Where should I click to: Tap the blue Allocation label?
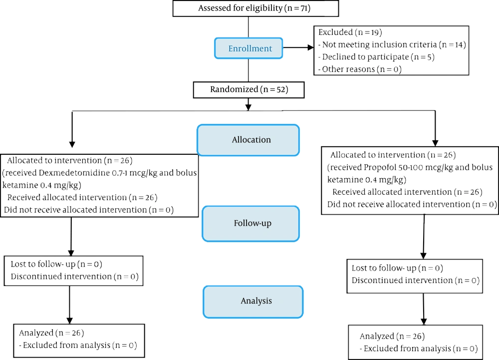pos(251,140)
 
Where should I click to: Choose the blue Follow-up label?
pos(252,223)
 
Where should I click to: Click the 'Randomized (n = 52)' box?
pos(249,90)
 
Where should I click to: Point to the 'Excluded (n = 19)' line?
pos(350,32)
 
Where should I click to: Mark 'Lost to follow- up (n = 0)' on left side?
pos(57,264)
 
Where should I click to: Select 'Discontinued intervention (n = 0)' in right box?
pos(415,281)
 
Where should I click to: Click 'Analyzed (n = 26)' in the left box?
pos(51,333)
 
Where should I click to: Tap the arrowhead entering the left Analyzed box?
pos(70,320)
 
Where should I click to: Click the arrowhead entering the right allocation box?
pos(436,142)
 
